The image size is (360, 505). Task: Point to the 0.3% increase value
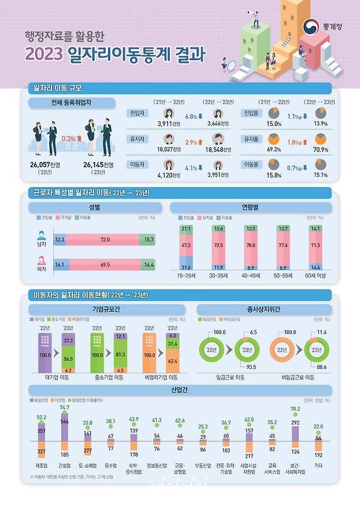tap(68, 138)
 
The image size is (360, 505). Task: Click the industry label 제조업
tap(41, 466)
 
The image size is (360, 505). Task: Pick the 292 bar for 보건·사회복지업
tap(295, 422)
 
